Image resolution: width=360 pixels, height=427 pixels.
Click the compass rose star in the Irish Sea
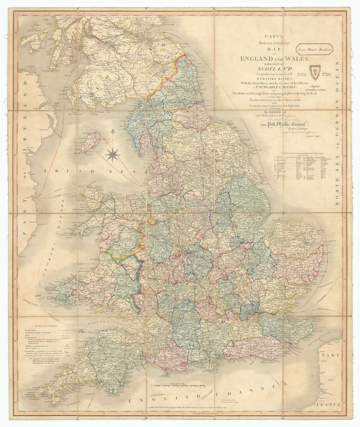[x=112, y=154]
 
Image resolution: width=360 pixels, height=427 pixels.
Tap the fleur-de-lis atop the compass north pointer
[x=112, y=132]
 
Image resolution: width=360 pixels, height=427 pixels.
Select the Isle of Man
[x=89, y=142]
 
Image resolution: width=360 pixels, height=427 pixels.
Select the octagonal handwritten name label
[x=314, y=49]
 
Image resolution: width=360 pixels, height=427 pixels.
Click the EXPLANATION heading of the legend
[x=46, y=327]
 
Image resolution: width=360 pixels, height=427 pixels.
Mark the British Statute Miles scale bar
[x=179, y=386]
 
